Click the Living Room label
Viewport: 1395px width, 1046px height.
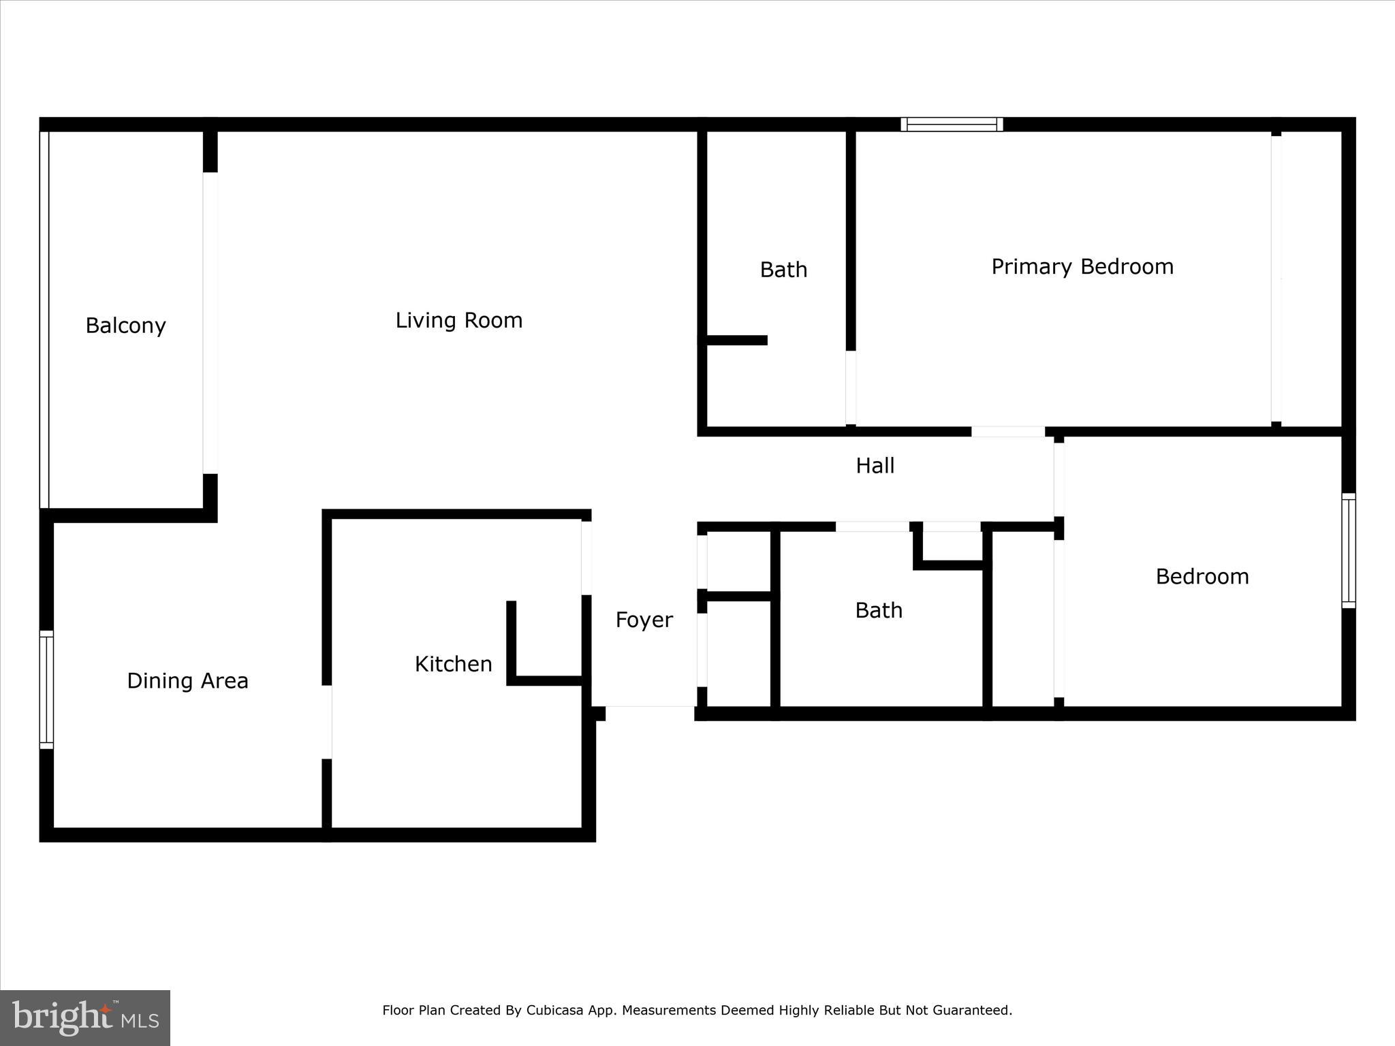[459, 320]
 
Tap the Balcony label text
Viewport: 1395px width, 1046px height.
[126, 326]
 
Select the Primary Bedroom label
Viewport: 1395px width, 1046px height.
[1082, 266]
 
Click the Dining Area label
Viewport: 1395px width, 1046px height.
[187, 680]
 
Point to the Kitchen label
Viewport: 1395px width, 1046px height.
[453, 664]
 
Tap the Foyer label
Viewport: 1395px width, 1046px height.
[644, 620]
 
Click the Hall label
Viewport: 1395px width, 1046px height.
[875, 466]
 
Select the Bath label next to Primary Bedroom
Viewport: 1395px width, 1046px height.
[783, 270]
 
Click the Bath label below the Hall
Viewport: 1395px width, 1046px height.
[879, 610]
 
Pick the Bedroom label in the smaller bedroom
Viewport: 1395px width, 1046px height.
[1202, 577]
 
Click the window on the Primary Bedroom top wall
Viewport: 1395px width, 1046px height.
[952, 124]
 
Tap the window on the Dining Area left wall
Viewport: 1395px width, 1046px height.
[46, 689]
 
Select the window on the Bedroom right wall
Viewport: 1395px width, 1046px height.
[1348, 550]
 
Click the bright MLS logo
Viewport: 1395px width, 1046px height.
[85, 1017]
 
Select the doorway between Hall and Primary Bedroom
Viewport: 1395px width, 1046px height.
[1007, 431]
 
